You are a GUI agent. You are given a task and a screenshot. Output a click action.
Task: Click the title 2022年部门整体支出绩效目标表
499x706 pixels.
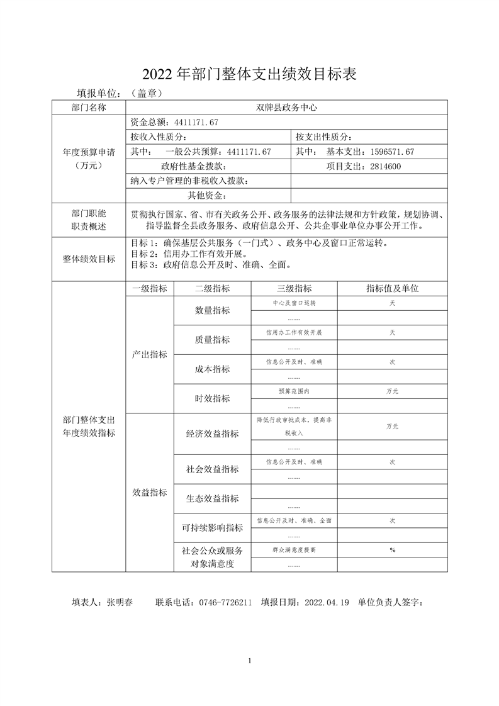250,75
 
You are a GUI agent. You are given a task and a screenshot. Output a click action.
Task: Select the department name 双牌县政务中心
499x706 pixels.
287,108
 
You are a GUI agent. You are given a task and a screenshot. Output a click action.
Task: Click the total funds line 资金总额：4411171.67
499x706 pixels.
174,122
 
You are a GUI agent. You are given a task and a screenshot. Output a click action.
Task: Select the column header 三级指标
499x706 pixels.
294,288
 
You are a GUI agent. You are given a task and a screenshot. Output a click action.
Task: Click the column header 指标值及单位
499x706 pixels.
392,288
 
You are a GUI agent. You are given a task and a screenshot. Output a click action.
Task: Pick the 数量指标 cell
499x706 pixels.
212,310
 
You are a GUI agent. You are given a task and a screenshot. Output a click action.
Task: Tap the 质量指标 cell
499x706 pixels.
212,340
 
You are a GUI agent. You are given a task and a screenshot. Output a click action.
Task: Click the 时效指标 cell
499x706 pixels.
212,398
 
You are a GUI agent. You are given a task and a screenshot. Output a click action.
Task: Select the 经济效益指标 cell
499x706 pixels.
212,434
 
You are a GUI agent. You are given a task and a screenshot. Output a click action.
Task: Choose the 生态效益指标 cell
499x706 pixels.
212,498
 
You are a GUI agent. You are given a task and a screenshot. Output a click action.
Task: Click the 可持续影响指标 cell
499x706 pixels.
212,527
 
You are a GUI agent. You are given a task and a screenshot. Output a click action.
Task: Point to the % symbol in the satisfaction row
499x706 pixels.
392,550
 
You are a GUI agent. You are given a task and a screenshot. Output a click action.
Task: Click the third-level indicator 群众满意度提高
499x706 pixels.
294,550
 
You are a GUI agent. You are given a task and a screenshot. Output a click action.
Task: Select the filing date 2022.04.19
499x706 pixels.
326,602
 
